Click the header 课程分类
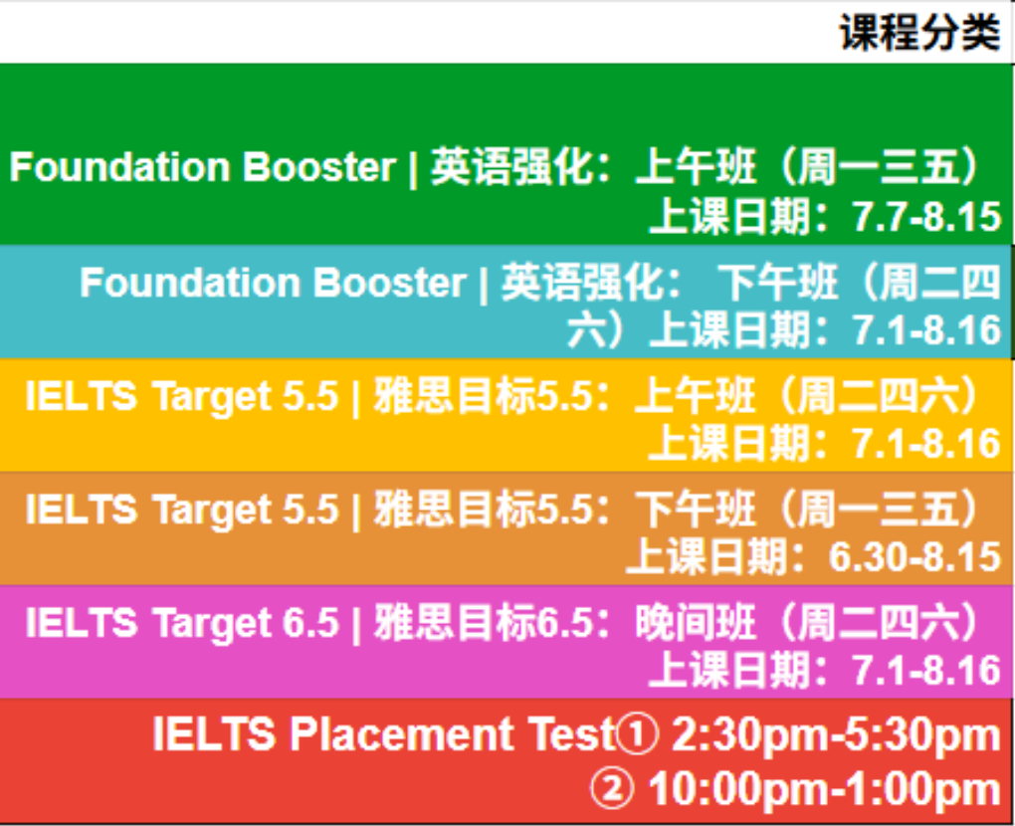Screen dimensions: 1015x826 (x=919, y=33)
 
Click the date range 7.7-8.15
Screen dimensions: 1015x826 (x=927, y=216)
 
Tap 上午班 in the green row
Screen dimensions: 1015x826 (x=696, y=167)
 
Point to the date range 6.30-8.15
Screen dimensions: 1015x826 (x=914, y=556)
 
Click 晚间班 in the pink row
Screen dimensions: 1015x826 (x=696, y=623)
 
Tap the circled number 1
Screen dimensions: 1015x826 (x=637, y=734)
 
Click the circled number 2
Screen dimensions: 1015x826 (x=612, y=789)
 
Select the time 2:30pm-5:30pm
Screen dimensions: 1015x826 (x=836, y=736)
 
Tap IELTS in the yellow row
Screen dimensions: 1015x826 (x=81, y=396)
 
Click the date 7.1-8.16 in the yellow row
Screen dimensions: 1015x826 (x=927, y=444)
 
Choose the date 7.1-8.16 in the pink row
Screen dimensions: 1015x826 (x=927, y=670)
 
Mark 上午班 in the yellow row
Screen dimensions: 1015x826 (x=696, y=396)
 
